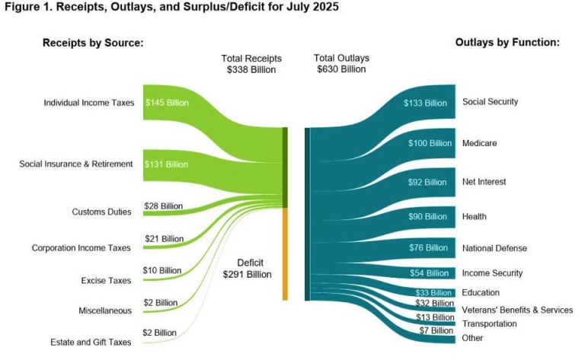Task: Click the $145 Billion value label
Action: coord(168,102)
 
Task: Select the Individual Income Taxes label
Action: coord(88,102)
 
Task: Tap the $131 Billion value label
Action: coord(167,164)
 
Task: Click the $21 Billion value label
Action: coord(163,238)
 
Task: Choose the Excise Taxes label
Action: coord(106,281)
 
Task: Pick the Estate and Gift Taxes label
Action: coord(90,342)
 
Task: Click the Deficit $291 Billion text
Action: coord(247,268)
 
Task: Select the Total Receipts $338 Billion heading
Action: coord(251,63)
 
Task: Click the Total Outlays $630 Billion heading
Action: coord(340,63)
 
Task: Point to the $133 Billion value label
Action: coord(425,103)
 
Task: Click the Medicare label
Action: coord(480,143)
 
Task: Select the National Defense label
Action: coord(494,248)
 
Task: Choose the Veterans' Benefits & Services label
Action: coord(517,310)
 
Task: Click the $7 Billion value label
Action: coord(435,330)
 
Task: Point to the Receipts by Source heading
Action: coord(92,43)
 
